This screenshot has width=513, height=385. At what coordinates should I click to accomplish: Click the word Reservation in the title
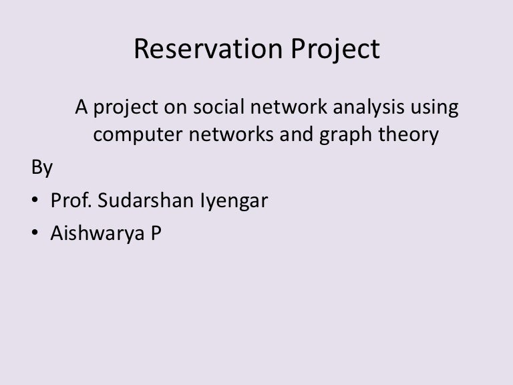point(208,49)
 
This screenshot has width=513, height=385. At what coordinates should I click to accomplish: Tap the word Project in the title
point(335,49)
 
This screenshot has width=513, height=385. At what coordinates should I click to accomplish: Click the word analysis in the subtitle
point(369,108)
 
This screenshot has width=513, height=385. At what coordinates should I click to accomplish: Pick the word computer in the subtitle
point(138,135)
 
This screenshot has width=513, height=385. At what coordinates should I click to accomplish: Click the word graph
point(345,135)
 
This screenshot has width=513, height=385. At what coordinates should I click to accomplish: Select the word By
point(42,168)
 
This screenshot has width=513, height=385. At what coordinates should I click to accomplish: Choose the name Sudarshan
point(146,200)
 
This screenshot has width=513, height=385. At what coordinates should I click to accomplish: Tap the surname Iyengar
point(234,201)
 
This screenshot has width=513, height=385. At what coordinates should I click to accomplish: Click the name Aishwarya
point(97,234)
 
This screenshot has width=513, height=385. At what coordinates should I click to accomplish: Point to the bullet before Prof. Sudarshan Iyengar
point(35,199)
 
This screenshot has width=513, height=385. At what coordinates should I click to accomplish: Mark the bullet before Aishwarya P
point(35,232)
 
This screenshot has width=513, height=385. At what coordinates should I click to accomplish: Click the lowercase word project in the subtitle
point(126,108)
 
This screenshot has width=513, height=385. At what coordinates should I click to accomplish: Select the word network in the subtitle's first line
point(289,107)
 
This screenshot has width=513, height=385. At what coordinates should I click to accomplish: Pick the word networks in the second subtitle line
point(231,134)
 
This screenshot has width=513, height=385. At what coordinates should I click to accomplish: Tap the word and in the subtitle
point(297,134)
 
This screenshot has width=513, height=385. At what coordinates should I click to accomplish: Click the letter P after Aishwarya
point(156,233)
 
